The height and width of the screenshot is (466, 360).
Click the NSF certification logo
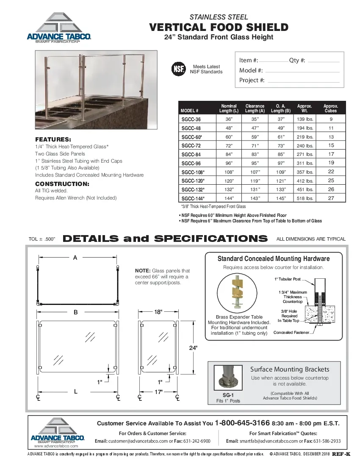(178, 69)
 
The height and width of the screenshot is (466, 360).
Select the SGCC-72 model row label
(191, 146)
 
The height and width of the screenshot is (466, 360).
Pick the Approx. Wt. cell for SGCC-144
(305, 198)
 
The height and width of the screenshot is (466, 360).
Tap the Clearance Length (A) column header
(255, 108)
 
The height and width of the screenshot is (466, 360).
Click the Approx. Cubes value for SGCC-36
(331, 119)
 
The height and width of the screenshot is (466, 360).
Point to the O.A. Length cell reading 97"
(280, 163)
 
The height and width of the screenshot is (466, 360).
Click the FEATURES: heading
(53, 139)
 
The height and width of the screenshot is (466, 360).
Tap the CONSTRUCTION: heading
(62, 184)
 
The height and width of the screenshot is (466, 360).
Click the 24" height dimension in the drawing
(193, 347)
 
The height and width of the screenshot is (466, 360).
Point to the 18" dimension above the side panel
(158, 312)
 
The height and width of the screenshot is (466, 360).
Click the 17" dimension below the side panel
(158, 392)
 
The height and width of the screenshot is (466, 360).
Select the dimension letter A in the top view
(75, 257)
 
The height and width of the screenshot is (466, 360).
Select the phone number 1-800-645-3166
(242, 423)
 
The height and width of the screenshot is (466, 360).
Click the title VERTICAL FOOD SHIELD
(219, 28)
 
